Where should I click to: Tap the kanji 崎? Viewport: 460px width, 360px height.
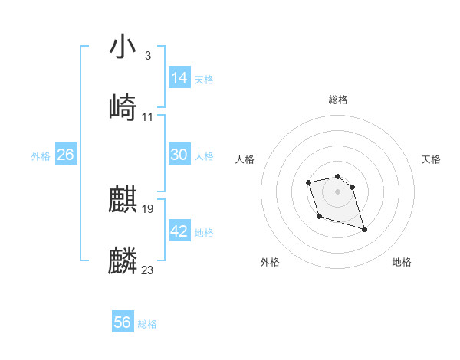coord(123,107)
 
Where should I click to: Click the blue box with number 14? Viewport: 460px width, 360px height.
coord(179,78)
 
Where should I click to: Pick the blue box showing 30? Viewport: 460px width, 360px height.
coord(179,155)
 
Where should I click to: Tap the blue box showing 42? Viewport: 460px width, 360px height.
coord(179,231)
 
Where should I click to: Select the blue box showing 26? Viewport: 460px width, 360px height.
coord(66,155)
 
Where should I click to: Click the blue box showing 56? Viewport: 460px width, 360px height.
coord(123,322)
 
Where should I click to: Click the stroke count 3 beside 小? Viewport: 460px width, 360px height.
coord(147,56)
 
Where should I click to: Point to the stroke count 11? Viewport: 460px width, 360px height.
coord(148,117)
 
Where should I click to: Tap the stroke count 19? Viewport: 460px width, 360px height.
coord(148,209)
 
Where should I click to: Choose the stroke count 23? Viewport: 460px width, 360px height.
coord(148,270)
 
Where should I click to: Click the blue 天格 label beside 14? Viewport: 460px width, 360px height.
coord(204,79)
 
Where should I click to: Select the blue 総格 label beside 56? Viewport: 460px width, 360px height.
coord(147,324)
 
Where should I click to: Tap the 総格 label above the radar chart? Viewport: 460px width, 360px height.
coord(338,100)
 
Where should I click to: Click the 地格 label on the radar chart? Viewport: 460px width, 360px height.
coord(402,262)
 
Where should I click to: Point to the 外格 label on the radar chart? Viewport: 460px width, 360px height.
coord(270,262)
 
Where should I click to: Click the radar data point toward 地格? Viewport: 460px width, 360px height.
coord(364,229)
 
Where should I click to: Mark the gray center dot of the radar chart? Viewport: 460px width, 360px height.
coord(337,191)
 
